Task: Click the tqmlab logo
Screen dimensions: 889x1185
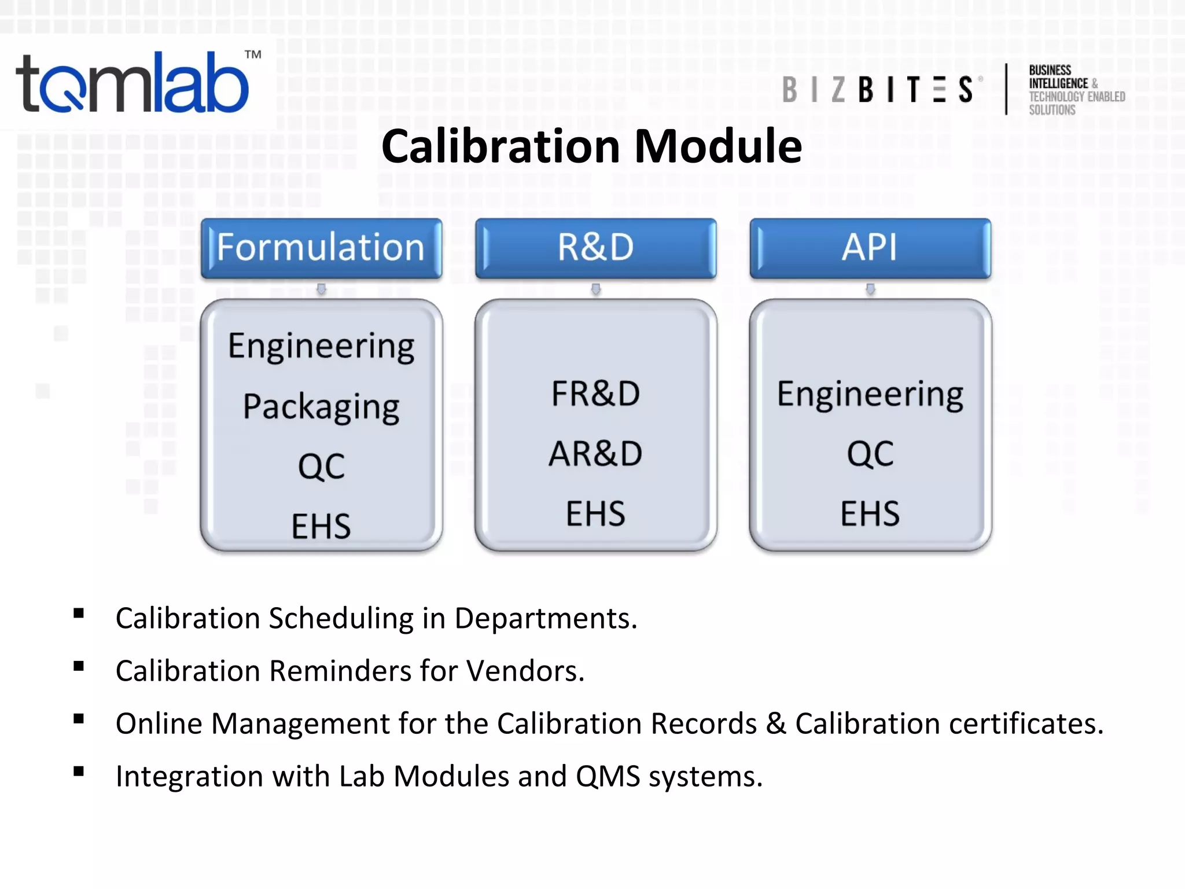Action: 133,84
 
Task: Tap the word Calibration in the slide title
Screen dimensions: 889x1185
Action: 501,146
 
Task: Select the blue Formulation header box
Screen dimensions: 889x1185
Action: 321,248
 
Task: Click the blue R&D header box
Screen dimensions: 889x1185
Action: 595,248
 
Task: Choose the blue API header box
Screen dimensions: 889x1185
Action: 870,248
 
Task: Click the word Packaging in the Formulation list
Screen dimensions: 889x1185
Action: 321,407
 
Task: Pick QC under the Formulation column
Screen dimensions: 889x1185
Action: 321,466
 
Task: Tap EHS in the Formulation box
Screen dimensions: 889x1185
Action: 321,526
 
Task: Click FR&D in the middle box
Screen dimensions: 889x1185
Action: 595,394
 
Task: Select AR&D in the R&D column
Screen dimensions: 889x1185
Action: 595,454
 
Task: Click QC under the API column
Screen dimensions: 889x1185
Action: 870,454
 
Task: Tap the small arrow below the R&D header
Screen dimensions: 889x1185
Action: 595,289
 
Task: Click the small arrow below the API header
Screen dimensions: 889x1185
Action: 870,289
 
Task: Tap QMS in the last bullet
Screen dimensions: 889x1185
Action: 608,777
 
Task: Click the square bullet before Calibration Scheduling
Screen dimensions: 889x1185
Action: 79,614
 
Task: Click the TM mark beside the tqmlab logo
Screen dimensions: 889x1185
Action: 253,55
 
